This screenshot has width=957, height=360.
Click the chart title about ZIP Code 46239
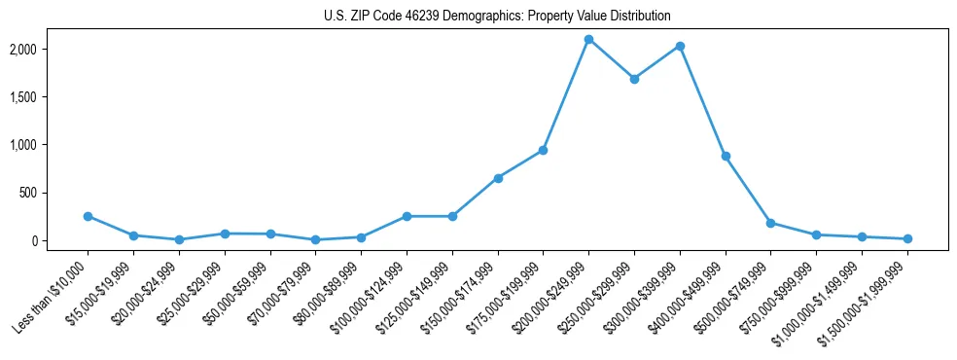pos(497,16)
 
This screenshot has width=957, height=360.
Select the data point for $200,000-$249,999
pos(588,39)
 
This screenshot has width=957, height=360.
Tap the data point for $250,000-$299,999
pos(634,79)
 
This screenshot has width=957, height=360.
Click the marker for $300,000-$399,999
pos(680,46)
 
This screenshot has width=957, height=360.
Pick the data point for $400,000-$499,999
pos(726,156)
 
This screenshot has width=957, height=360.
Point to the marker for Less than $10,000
pos(88,216)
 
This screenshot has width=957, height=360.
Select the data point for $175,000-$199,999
pos(543,150)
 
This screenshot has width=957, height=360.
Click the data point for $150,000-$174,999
pos(498,178)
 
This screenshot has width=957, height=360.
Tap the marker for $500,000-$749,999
pos(770,223)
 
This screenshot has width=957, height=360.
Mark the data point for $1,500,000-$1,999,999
pos(907,238)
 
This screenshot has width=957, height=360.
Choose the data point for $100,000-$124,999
pos(407,216)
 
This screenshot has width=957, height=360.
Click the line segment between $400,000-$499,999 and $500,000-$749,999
pos(748,190)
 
